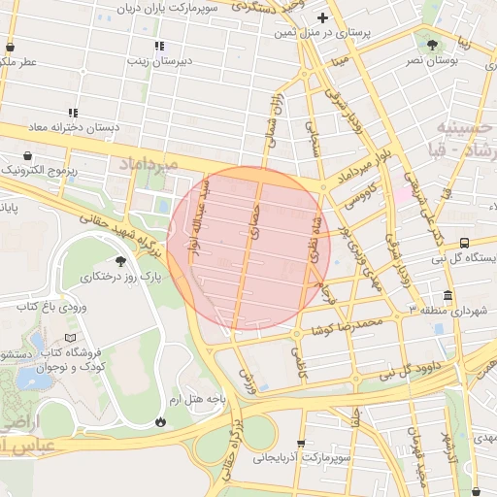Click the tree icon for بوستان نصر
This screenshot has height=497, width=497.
point(432,44)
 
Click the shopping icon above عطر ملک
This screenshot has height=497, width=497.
point(10,46)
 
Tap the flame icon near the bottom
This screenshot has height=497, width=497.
point(160,421)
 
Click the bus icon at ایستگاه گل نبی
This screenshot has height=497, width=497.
point(465,242)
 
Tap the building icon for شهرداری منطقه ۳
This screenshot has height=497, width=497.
point(447,295)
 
